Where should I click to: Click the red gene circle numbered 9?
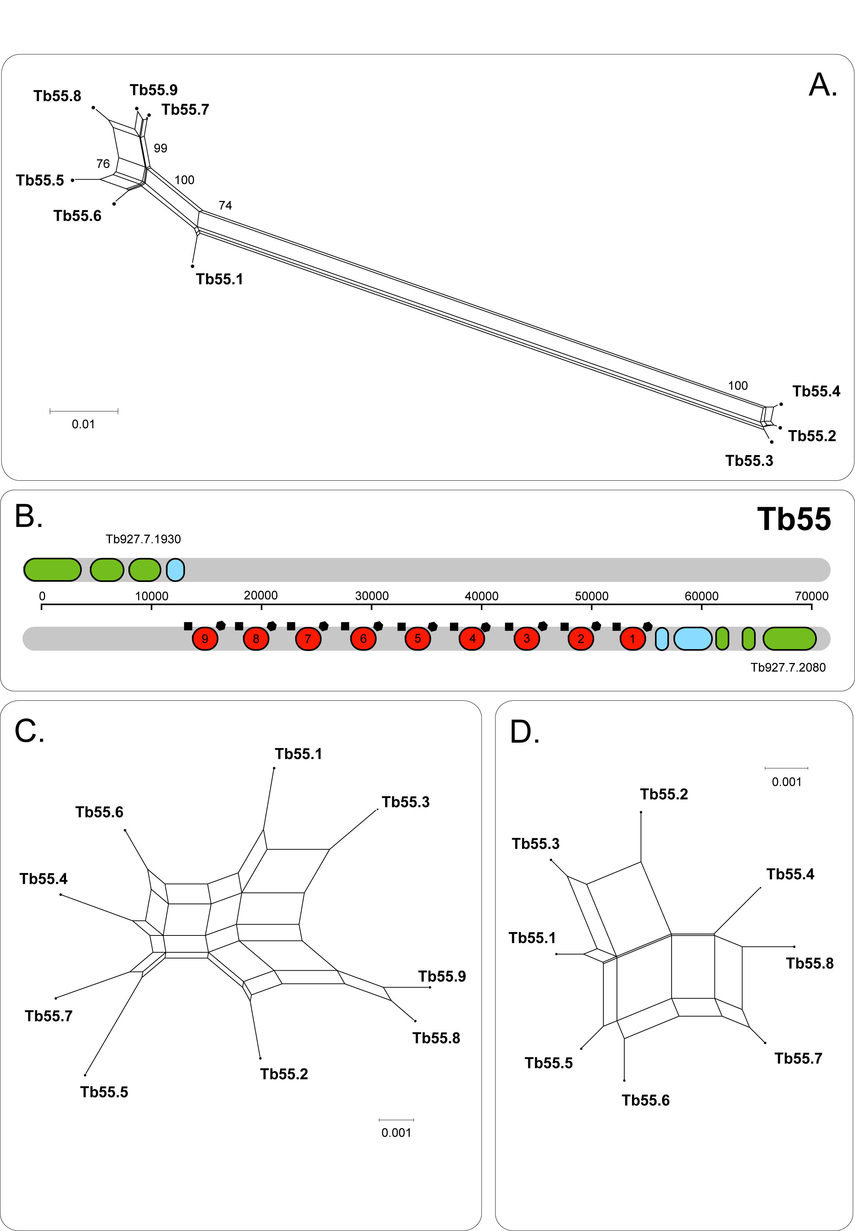click(205, 638)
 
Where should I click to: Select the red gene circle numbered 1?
click(633, 638)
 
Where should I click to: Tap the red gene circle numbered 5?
click(418, 638)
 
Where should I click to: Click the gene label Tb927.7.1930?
click(143, 539)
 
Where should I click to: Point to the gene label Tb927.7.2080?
click(788, 667)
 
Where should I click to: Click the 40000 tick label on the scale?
click(482, 596)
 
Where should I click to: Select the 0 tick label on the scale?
click(42, 596)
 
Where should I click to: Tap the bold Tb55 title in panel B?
click(794, 519)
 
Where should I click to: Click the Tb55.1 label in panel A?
click(219, 279)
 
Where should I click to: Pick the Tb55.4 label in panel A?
click(816, 391)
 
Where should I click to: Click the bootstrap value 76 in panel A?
click(103, 164)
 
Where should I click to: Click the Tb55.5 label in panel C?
click(104, 1092)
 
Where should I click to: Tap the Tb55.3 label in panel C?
click(406, 802)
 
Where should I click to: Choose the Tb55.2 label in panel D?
click(664, 794)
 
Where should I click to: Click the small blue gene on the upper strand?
click(176, 570)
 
